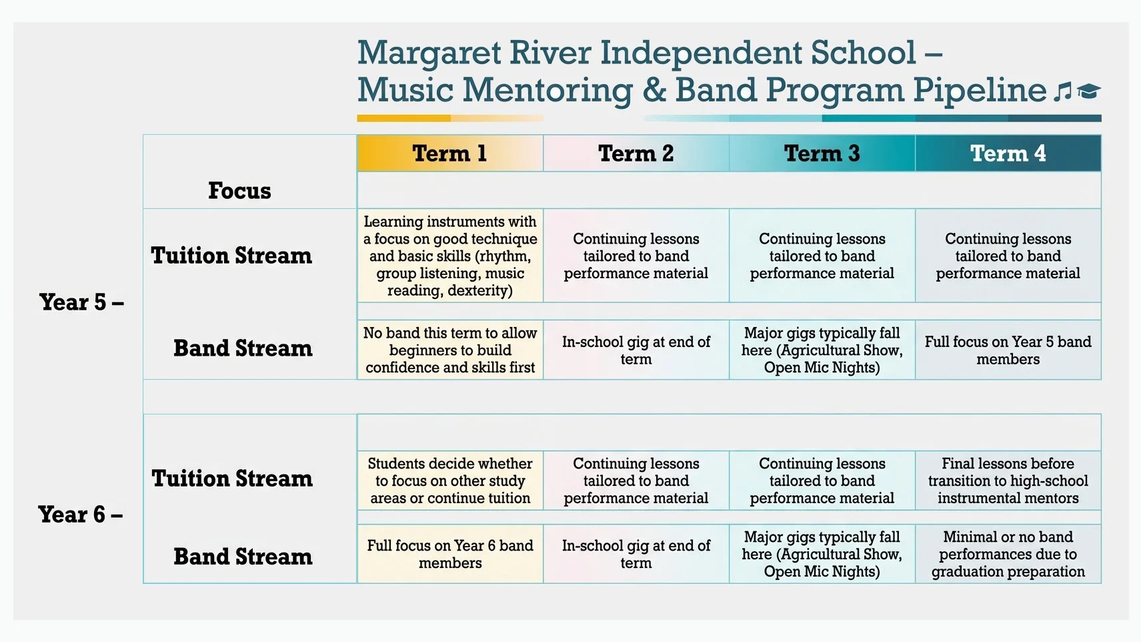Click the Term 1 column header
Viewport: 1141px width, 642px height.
point(449,153)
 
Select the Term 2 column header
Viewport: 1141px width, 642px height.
point(636,153)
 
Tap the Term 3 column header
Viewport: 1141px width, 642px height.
point(822,153)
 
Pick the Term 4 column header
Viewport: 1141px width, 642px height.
point(1008,153)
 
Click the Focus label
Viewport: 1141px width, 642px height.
point(239,191)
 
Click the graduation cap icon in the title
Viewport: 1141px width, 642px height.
point(1088,91)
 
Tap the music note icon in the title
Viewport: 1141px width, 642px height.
point(1062,91)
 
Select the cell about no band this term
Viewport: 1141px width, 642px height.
point(450,350)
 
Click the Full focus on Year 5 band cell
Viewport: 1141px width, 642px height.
point(1008,350)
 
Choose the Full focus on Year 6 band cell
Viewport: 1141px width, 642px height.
point(450,554)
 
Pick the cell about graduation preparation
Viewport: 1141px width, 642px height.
point(1008,554)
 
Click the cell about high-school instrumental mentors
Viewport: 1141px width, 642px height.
point(1008,480)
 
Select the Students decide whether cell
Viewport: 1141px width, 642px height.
point(450,480)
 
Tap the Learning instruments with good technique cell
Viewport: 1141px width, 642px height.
point(450,256)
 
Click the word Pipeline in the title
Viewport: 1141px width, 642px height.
point(980,90)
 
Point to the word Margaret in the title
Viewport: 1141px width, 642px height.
point(428,53)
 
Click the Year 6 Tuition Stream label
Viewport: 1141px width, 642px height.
point(232,478)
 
